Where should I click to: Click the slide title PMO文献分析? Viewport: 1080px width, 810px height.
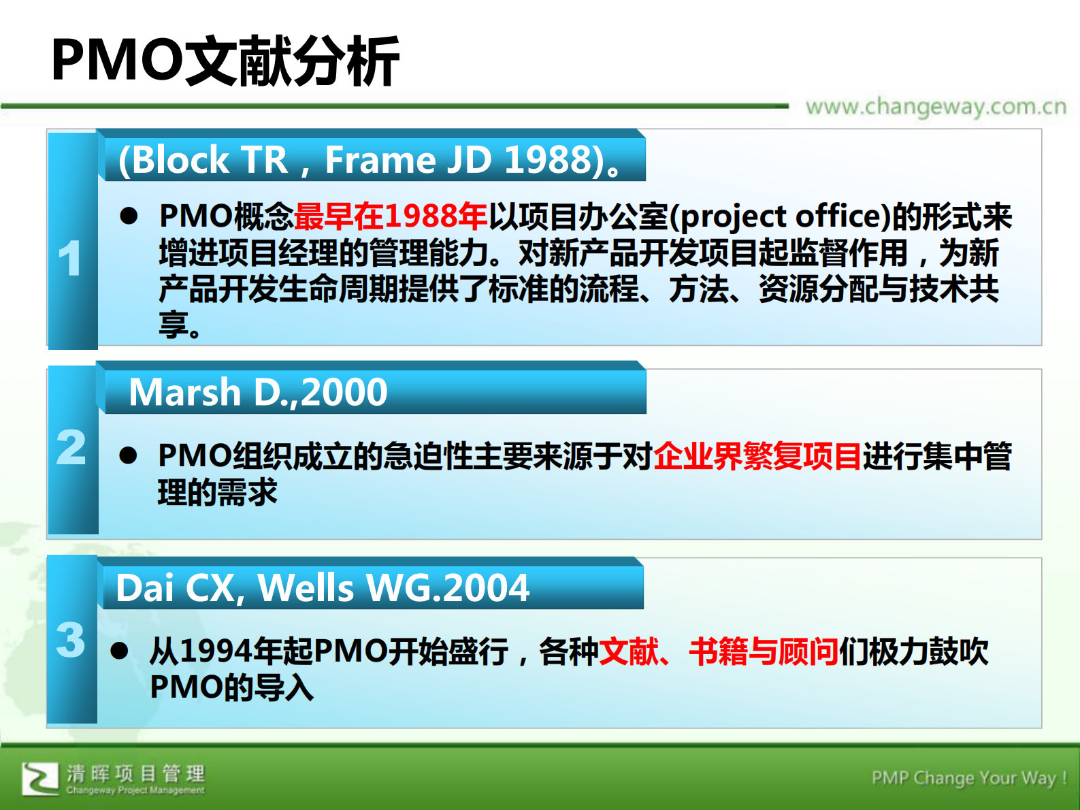(x=225, y=61)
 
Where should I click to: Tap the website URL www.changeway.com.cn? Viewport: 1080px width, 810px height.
(x=936, y=107)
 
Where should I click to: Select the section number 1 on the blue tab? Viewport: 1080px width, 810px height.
(x=70, y=259)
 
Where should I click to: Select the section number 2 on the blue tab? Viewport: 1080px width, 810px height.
(x=71, y=448)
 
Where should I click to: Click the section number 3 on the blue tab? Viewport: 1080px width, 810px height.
(x=71, y=640)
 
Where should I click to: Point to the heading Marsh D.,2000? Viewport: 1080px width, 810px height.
(x=258, y=392)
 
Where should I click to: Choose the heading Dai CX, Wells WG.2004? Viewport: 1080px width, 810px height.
(x=323, y=587)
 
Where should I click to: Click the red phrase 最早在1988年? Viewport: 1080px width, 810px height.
(x=391, y=216)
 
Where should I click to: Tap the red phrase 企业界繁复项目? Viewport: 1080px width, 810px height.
(x=757, y=456)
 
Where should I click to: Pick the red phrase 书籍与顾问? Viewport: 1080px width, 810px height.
(x=763, y=651)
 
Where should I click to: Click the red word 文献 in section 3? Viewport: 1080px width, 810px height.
(x=629, y=651)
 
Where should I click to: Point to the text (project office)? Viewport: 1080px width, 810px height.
(x=780, y=216)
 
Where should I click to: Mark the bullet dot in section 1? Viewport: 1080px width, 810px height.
(x=129, y=216)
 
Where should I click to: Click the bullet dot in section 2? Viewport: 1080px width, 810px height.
(x=128, y=455)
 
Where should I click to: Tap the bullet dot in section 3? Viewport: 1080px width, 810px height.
(x=120, y=651)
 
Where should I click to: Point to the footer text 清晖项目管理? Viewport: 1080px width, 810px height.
(x=135, y=773)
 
